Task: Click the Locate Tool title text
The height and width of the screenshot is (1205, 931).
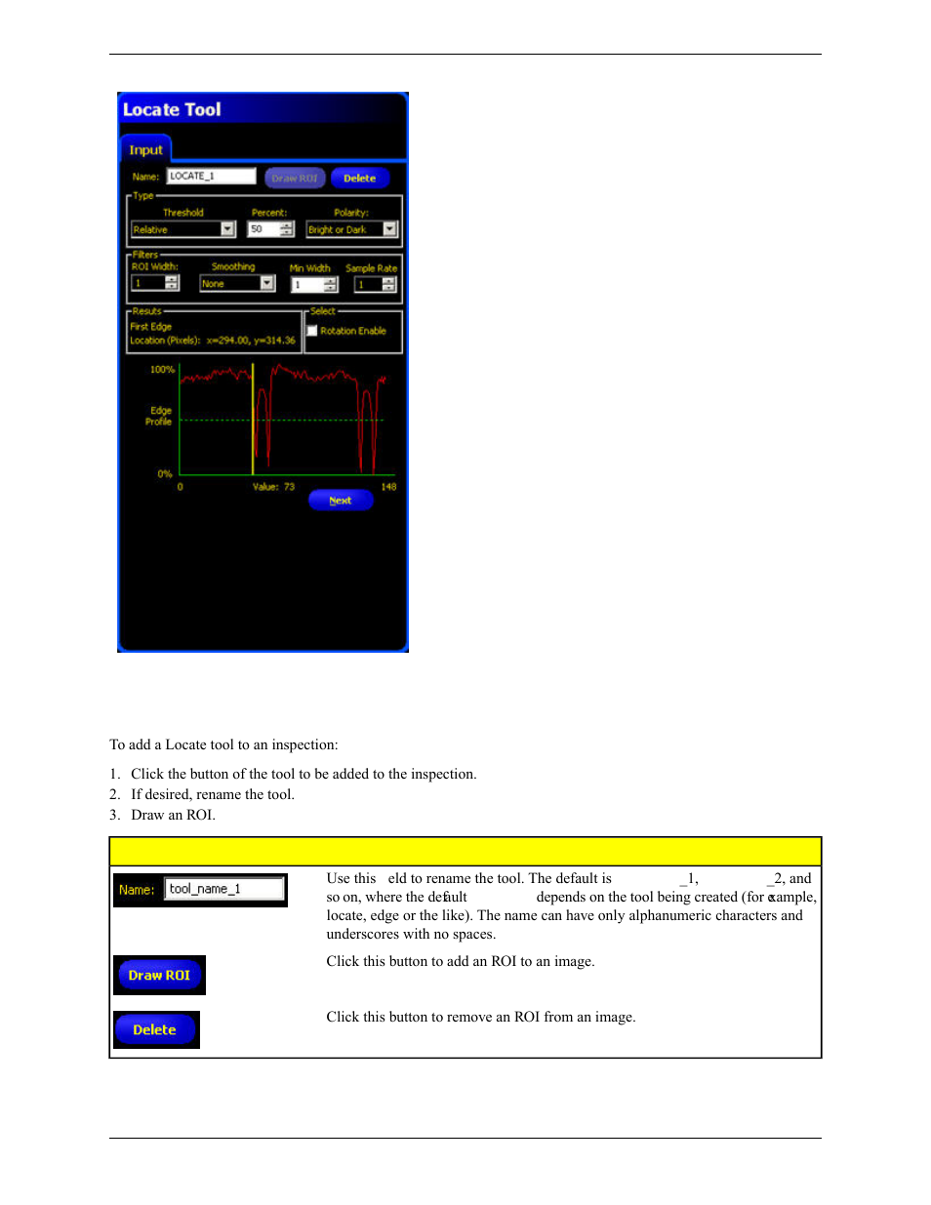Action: coord(172,109)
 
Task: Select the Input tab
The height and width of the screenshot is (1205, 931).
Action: coord(145,150)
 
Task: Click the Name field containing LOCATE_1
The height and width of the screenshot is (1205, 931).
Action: coord(211,177)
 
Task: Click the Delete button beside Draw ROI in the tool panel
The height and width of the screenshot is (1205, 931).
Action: coord(359,179)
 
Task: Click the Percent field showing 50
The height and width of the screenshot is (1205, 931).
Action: coord(263,229)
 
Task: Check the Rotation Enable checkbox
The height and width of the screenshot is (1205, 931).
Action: coord(312,331)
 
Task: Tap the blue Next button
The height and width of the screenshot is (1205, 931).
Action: coord(341,501)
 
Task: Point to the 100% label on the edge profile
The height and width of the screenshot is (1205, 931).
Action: coord(162,370)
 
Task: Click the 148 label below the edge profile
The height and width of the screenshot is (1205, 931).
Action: coord(388,487)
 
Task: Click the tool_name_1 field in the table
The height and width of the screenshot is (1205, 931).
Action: coord(224,889)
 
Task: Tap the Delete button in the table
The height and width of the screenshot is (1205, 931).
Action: coord(155,1029)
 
